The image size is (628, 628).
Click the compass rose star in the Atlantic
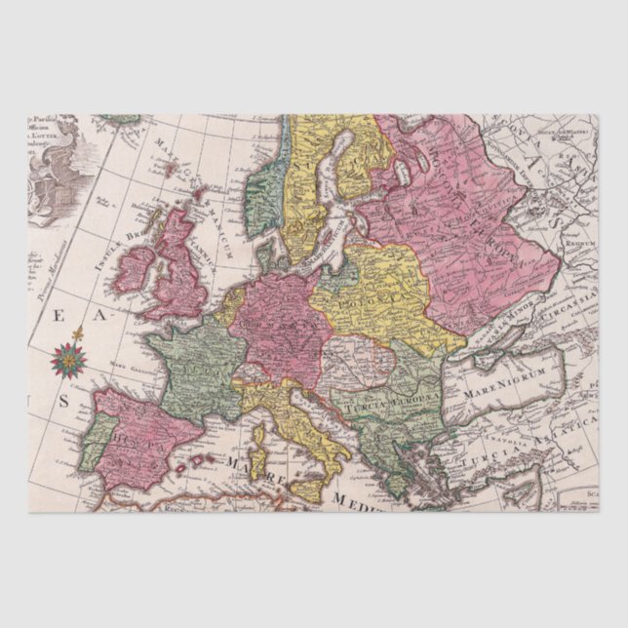[x=68, y=360]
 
